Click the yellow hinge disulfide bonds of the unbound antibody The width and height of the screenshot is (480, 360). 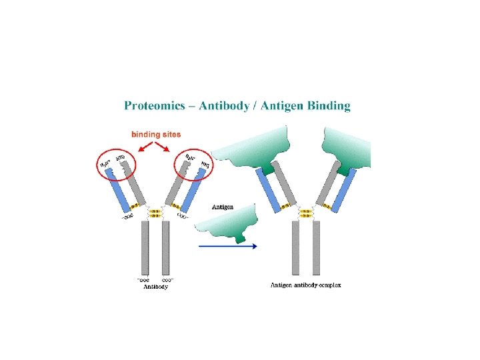coord(155,214)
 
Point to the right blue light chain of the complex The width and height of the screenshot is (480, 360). coord(344,191)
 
